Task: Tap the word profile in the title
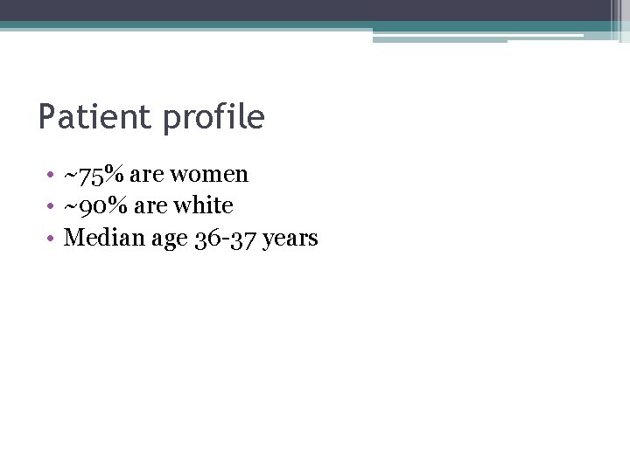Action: point(213,117)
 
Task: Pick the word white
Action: point(203,206)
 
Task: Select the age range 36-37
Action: point(226,238)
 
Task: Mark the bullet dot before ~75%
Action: point(52,176)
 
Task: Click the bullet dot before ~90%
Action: point(52,207)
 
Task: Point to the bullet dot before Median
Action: point(52,239)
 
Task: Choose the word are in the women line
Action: point(147,176)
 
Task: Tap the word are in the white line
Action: point(147,207)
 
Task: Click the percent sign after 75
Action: point(115,175)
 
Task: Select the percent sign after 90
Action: point(115,206)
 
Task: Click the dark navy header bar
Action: point(306,10)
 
